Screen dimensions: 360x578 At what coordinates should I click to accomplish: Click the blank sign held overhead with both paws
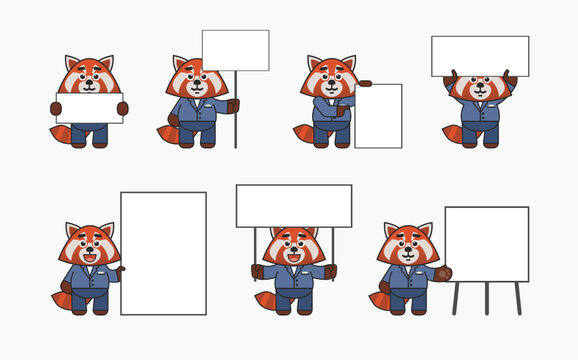480,56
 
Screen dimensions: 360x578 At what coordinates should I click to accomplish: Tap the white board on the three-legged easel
486,244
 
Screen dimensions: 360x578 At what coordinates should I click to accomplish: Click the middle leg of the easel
486,298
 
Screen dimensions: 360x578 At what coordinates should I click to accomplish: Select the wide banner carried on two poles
294,205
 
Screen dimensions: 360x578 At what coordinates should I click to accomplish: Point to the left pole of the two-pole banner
255,246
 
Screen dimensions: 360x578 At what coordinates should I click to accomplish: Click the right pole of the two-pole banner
333,246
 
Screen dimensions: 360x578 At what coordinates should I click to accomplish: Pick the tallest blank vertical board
163,253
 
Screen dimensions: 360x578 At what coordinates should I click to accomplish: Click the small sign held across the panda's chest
89,108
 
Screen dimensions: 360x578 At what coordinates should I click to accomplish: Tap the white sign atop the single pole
235,50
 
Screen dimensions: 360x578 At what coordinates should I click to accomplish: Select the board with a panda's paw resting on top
378,116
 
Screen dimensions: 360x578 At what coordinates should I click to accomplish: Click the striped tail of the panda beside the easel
379,299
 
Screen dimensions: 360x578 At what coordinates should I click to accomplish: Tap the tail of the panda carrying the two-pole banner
265,299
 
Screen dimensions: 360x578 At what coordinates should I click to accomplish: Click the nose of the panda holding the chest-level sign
89,84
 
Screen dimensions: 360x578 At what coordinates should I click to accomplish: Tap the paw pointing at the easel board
443,272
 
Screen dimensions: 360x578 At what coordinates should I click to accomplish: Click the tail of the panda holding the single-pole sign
167,132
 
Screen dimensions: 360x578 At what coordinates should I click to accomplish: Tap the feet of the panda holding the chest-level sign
89,142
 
